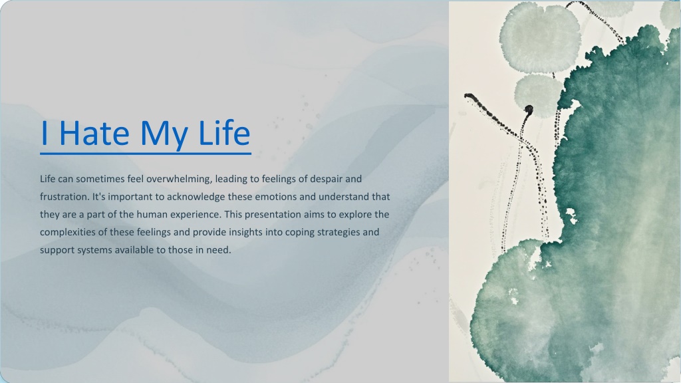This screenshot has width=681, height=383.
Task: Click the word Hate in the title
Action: [94, 132]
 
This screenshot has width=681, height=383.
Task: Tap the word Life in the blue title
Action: [224, 132]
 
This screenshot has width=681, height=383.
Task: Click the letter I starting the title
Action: [44, 133]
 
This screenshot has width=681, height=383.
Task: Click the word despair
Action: [326, 179]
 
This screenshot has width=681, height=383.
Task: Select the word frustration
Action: [65, 197]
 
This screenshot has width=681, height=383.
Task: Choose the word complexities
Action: [68, 232]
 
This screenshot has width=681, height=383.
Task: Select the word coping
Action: [300, 233]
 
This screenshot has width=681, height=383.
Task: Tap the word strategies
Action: [339, 232]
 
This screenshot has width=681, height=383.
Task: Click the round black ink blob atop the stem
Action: [529, 109]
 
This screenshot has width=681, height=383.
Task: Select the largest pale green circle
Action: [540, 37]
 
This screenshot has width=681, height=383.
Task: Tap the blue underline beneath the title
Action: [146, 154]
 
